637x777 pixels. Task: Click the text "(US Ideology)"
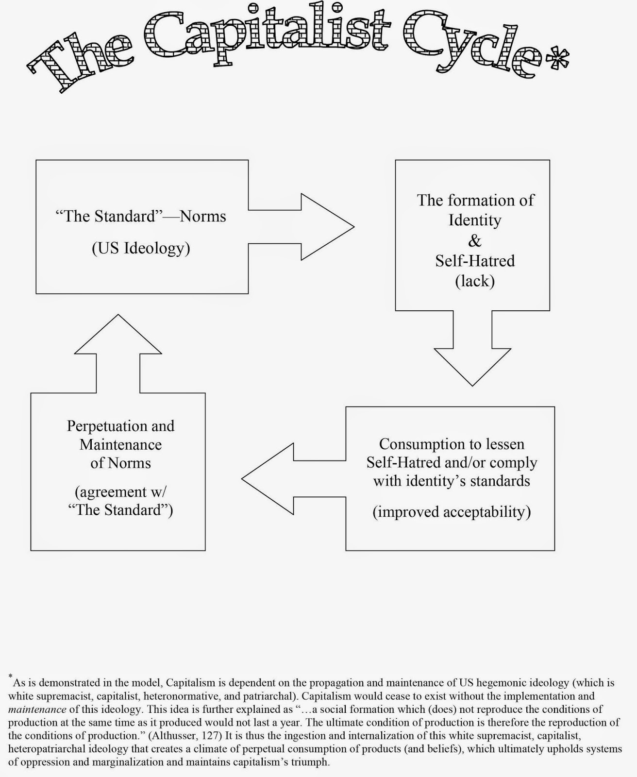click(x=141, y=248)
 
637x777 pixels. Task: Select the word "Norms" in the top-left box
click(x=203, y=216)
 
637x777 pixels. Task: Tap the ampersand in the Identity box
click(x=474, y=240)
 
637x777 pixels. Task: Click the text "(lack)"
click(x=475, y=281)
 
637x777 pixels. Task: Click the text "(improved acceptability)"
click(x=452, y=512)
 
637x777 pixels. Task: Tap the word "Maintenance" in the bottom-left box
click(x=120, y=444)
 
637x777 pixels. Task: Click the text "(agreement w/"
click(x=120, y=492)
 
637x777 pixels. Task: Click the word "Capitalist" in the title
click(x=272, y=34)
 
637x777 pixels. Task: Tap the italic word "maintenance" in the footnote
click(x=37, y=709)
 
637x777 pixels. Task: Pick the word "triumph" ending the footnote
click(x=311, y=762)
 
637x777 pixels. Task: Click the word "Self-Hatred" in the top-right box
click(x=475, y=261)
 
